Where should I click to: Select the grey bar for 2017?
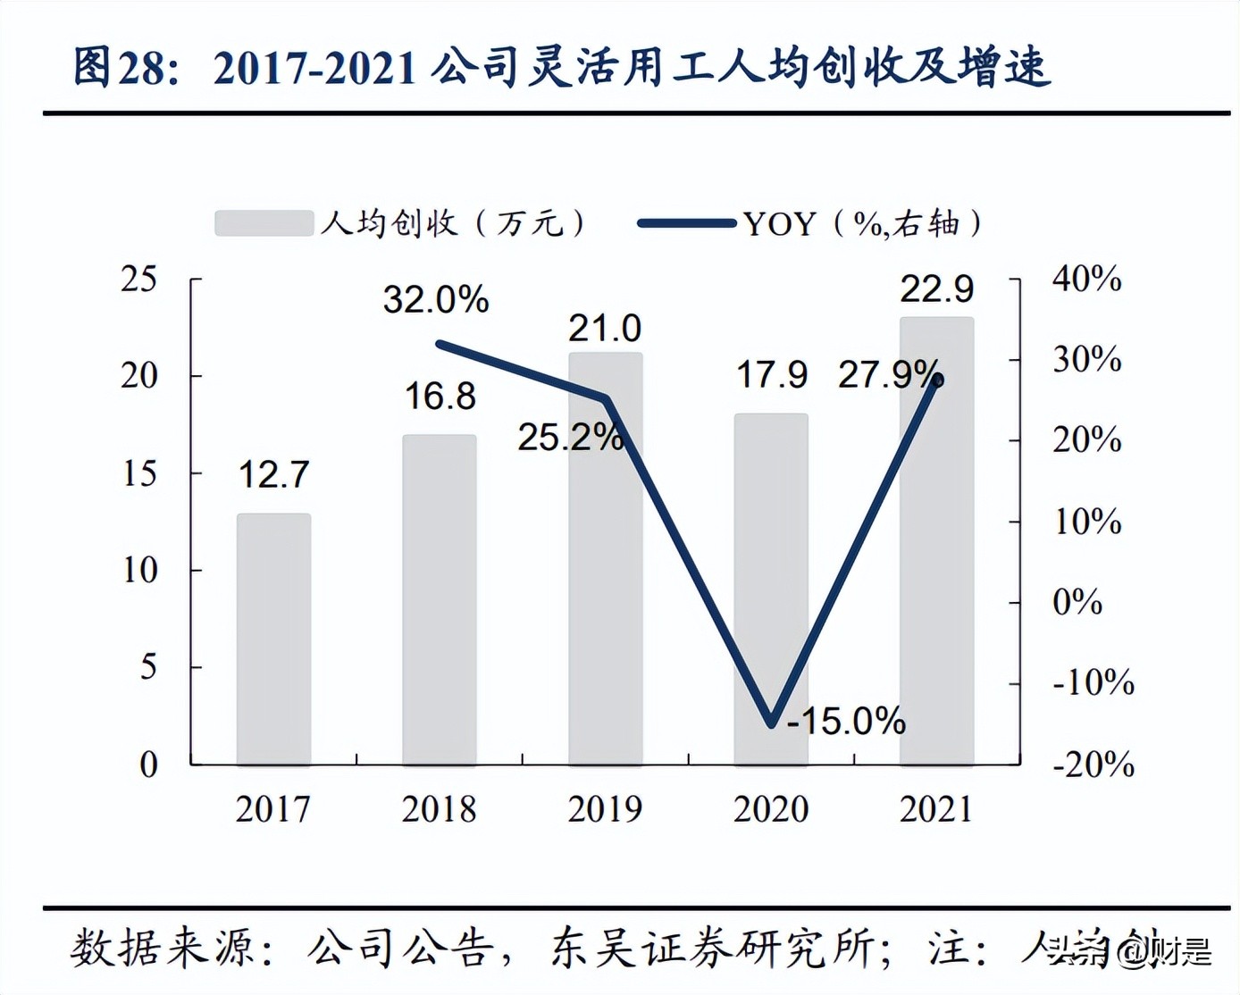pyautogui.click(x=273, y=639)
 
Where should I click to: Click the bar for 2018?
pyautogui.click(x=439, y=599)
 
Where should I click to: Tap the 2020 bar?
pyautogui.click(x=771, y=589)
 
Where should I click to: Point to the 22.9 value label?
pyautogui.click(x=936, y=288)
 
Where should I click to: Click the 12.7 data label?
pyautogui.click(x=273, y=474)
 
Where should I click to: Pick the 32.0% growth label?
pyautogui.click(x=436, y=299)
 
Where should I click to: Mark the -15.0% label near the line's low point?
pyautogui.click(x=846, y=720)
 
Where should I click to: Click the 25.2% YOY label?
pyautogui.click(x=570, y=437)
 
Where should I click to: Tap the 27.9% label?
pyautogui.click(x=888, y=374)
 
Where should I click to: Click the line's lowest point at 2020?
pyautogui.click(x=772, y=723)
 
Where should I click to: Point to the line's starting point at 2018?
pyautogui.click(x=439, y=343)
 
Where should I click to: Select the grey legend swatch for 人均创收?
pyautogui.click(x=264, y=223)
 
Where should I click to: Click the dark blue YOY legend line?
pyautogui.click(x=687, y=223)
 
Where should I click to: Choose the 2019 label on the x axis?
pyautogui.click(x=605, y=809)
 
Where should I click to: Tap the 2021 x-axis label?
pyautogui.click(x=936, y=809)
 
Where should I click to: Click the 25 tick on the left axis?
pyautogui.click(x=139, y=280)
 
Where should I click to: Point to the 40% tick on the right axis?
pyautogui.click(x=1086, y=280)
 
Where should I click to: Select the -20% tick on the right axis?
pyautogui.click(x=1093, y=765)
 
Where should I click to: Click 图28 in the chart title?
pyautogui.click(x=119, y=69)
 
